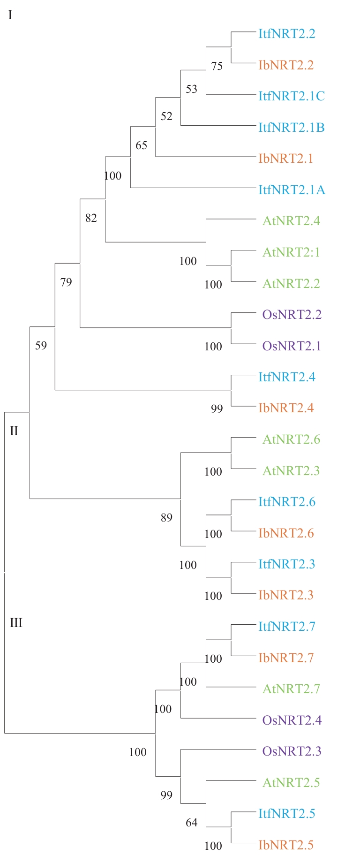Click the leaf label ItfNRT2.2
287,34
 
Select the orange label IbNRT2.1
285,159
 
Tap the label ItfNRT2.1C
292,96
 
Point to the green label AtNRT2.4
291,221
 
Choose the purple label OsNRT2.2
292,315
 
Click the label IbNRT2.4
286,408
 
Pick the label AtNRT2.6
291,439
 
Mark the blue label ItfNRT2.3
287,564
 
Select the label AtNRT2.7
291,689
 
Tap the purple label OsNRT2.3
292,751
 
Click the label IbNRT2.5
286,845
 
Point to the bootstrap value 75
217,66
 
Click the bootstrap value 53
191,89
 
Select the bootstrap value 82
91,218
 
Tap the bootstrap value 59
41,346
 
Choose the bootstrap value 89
166,518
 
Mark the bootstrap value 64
191,823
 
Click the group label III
16,623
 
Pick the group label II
14,431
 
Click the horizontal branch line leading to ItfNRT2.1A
192,188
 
